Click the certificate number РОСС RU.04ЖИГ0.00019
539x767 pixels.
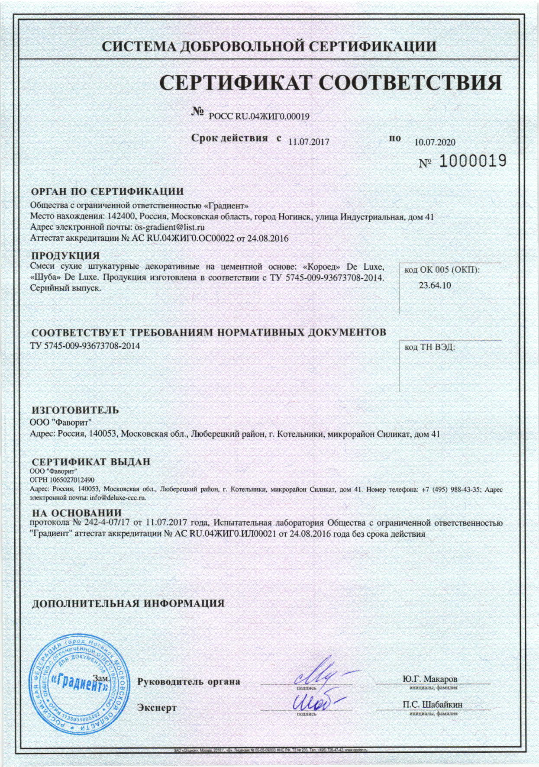coord(259,116)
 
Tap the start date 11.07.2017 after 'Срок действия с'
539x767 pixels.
coord(309,142)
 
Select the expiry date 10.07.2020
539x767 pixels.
coord(435,142)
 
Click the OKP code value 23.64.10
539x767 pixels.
coord(435,285)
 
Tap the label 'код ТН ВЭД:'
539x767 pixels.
coord(429,347)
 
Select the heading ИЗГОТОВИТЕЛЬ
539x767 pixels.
coord(75,410)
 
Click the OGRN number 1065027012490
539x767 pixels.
coord(69,480)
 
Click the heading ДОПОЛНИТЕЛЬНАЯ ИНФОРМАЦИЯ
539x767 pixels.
coord(128,603)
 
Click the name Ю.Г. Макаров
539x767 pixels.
coord(429,678)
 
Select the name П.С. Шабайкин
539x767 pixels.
coord(432,704)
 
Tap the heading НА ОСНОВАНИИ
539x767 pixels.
coord(77,513)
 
